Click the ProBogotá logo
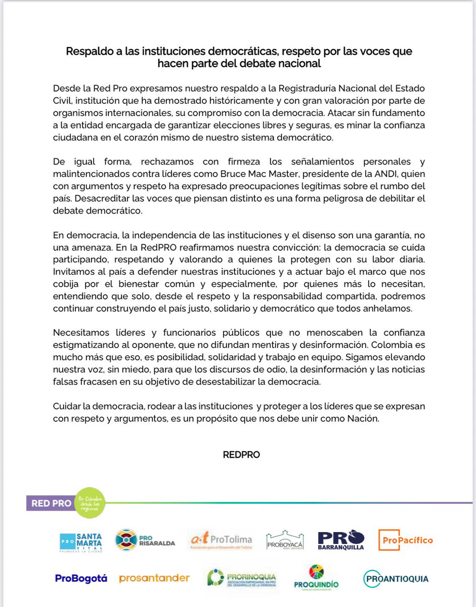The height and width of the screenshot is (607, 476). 81,578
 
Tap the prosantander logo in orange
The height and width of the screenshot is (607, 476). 154,578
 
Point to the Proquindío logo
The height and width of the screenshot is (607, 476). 316,577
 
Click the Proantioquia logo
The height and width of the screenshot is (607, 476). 396,578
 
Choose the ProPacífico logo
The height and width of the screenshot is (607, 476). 406,540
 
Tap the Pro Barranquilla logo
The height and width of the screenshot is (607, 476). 341,540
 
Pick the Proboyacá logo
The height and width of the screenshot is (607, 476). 284,540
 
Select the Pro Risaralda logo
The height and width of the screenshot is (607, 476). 145,540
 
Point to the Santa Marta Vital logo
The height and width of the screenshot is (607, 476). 81,541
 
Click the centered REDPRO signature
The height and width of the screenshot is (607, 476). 241,455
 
